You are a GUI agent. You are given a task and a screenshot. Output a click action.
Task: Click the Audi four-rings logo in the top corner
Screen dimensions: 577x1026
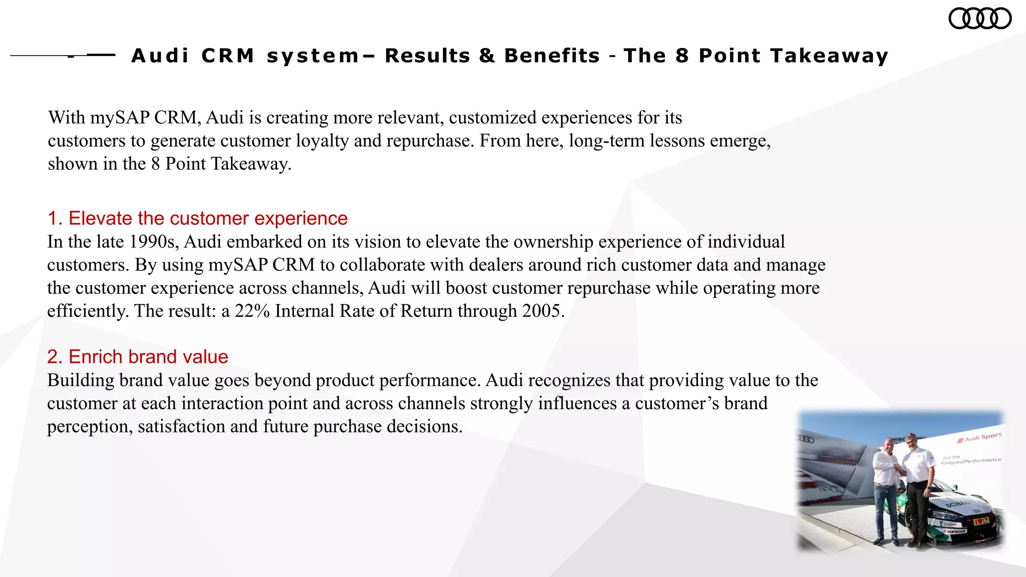980,19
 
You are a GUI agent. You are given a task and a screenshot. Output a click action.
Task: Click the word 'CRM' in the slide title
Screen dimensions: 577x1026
228,56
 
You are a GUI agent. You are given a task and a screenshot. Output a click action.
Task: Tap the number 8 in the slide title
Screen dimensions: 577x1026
682,56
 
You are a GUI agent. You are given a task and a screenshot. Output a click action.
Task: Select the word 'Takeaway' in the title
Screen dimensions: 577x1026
829,56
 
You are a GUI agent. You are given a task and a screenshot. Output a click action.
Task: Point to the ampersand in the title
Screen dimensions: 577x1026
487,56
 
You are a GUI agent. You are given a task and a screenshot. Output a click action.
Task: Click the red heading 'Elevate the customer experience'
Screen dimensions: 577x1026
197,218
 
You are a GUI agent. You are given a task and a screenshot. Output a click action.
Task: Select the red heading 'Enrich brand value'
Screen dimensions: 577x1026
138,357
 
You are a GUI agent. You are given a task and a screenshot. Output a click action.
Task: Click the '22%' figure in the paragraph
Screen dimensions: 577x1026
252,311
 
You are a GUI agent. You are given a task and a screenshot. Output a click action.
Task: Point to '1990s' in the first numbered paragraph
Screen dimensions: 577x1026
151,242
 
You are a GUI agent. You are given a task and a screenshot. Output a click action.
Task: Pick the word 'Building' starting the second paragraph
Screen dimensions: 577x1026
81,380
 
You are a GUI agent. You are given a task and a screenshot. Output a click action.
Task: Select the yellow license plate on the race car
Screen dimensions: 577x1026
978,521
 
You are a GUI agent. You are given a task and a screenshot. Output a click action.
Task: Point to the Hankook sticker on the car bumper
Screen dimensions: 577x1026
955,531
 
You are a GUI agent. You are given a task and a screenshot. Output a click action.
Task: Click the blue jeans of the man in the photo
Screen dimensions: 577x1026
887,511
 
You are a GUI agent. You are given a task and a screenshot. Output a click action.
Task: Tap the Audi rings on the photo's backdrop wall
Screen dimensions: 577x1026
806,439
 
